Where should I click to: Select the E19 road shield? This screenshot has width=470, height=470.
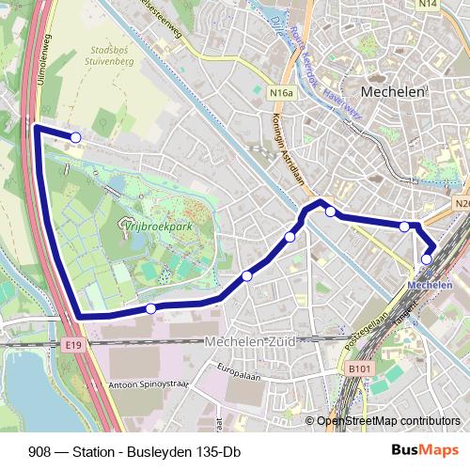74,347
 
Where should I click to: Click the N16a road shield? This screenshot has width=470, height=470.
280,93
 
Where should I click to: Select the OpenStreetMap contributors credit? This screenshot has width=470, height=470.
388,421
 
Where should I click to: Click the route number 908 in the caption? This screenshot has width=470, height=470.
40,451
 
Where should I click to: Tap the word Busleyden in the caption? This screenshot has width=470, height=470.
161,451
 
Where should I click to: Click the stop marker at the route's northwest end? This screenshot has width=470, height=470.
75,138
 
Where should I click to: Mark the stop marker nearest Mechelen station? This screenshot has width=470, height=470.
427,258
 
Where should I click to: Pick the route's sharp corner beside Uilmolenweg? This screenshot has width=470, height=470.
37,126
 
